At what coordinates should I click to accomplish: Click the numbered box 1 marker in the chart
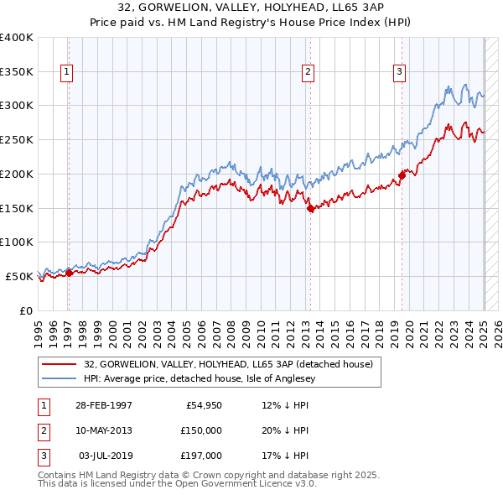[x=66, y=72]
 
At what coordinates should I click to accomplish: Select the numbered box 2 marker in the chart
[x=309, y=72]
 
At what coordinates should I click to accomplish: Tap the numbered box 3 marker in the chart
[x=400, y=72]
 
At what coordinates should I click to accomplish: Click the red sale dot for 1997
[x=70, y=273]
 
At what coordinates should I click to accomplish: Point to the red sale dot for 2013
[x=310, y=208]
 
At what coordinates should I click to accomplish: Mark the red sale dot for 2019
[x=402, y=175]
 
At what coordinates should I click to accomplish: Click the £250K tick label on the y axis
[x=17, y=139]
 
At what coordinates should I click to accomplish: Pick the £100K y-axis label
[x=17, y=242]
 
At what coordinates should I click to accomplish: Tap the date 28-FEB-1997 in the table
[x=104, y=405]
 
